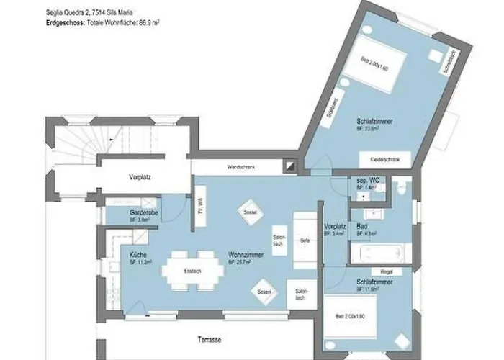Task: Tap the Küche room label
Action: [138, 256]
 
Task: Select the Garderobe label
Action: [143, 214]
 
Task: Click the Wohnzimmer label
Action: [243, 256]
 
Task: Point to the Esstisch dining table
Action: [192, 271]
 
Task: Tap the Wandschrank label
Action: [238, 166]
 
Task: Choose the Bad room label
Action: [362, 225]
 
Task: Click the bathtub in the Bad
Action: [376, 253]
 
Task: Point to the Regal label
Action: [386, 272]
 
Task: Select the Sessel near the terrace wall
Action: [263, 291]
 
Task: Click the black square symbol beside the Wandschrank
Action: [289, 166]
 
